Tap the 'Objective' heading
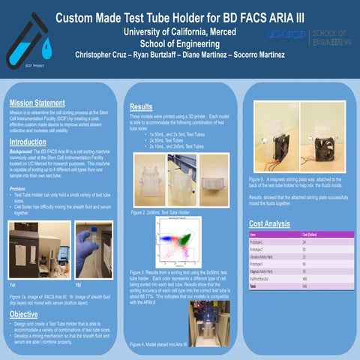pyautogui.click(x=25, y=314)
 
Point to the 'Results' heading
pyautogui.click(x=141, y=107)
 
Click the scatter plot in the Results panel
pyautogui.click(x=178, y=241)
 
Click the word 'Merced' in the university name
pyautogui.click(x=219, y=31)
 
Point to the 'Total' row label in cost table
pyautogui.click(x=253, y=286)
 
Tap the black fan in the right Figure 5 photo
pyautogui.click(x=323, y=145)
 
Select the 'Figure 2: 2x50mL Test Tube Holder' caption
pyautogui.click(x=159, y=212)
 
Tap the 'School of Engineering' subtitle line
pyautogui.click(x=180, y=43)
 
